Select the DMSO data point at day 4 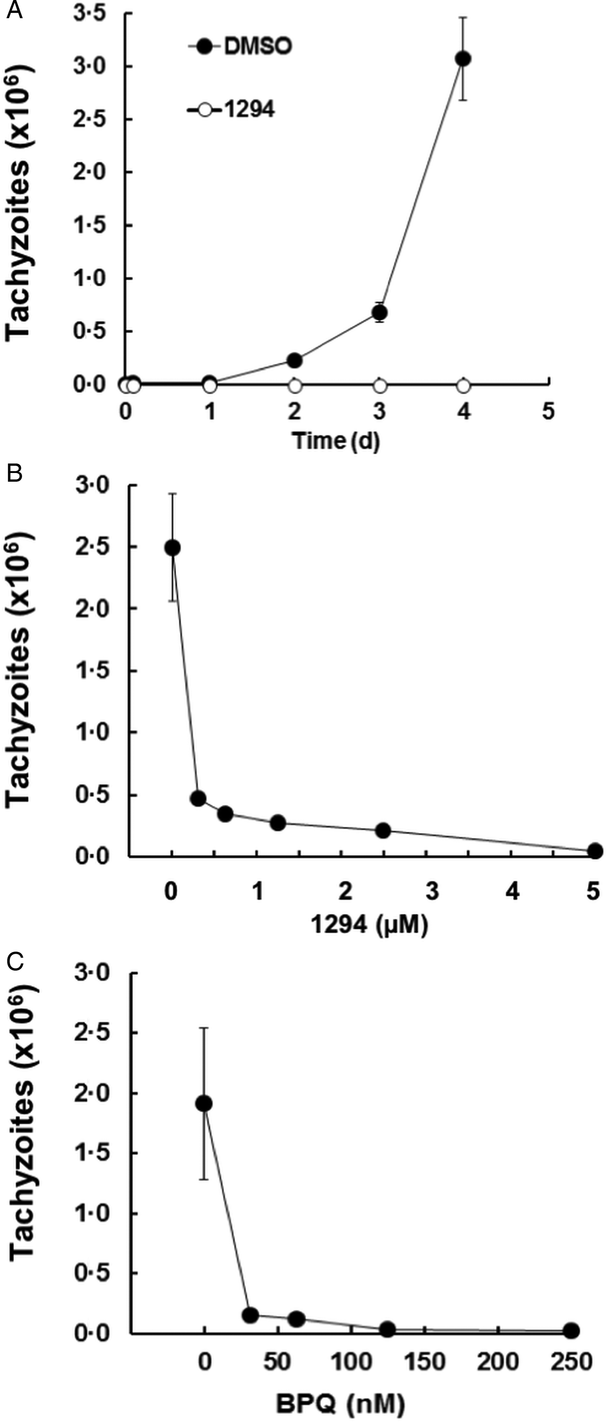pyautogui.click(x=463, y=58)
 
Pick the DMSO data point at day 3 pyautogui.click(x=379, y=312)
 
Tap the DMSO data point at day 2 pyautogui.click(x=294, y=360)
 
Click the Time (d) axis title pyautogui.click(x=336, y=441)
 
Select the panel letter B pyautogui.click(x=14, y=473)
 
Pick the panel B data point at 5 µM pyautogui.click(x=595, y=851)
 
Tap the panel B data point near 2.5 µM pyautogui.click(x=383, y=830)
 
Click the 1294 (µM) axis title pyautogui.click(x=369, y=925)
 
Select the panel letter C pyautogui.click(x=14, y=961)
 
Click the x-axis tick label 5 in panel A pyautogui.click(x=548, y=412)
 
